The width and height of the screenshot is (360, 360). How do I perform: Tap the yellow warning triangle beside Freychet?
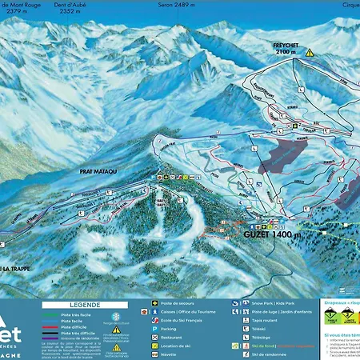point(320,52)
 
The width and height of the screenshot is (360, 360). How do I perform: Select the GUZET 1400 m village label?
point(273,234)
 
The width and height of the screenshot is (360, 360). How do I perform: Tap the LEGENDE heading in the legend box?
point(82,304)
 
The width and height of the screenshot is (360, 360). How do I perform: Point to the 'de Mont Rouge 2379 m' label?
point(22,8)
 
